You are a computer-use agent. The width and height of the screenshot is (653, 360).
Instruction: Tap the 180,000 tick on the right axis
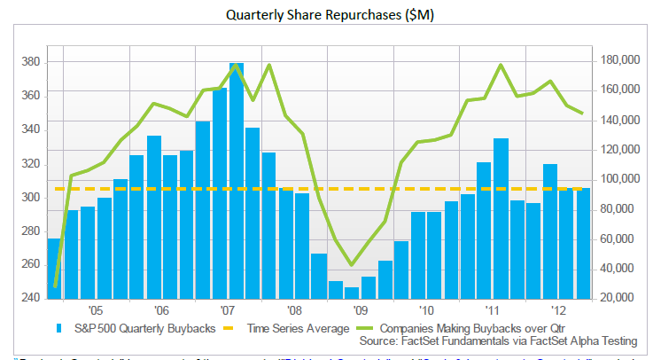click(618, 60)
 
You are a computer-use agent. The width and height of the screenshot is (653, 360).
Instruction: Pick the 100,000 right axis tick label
click(618, 179)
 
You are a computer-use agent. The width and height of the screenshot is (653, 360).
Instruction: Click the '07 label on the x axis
click(227, 312)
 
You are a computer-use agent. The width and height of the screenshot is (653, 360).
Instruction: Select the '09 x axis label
click(360, 312)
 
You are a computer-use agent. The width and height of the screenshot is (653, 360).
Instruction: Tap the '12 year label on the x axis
click(559, 312)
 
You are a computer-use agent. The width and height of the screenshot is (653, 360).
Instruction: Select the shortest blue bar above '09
click(352, 293)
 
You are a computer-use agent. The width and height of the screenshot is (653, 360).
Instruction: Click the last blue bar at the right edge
click(584, 244)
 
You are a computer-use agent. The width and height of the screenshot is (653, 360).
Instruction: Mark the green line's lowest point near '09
click(352, 264)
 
